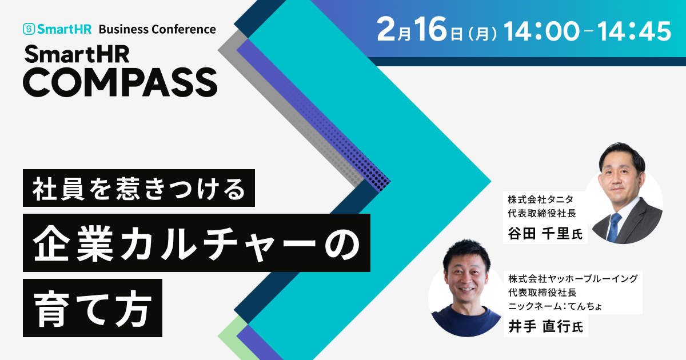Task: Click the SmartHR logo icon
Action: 29,29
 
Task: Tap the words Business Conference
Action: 157,29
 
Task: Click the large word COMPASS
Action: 120,82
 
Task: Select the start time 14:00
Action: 541,31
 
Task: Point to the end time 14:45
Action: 634,31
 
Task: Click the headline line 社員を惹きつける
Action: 139,188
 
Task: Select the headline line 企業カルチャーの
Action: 197,243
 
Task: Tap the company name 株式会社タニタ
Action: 541,199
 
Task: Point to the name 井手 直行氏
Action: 546,326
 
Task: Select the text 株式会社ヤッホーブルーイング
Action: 573,279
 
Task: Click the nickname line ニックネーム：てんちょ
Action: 555,306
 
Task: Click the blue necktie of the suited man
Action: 614,227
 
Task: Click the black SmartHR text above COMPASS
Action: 77,54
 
